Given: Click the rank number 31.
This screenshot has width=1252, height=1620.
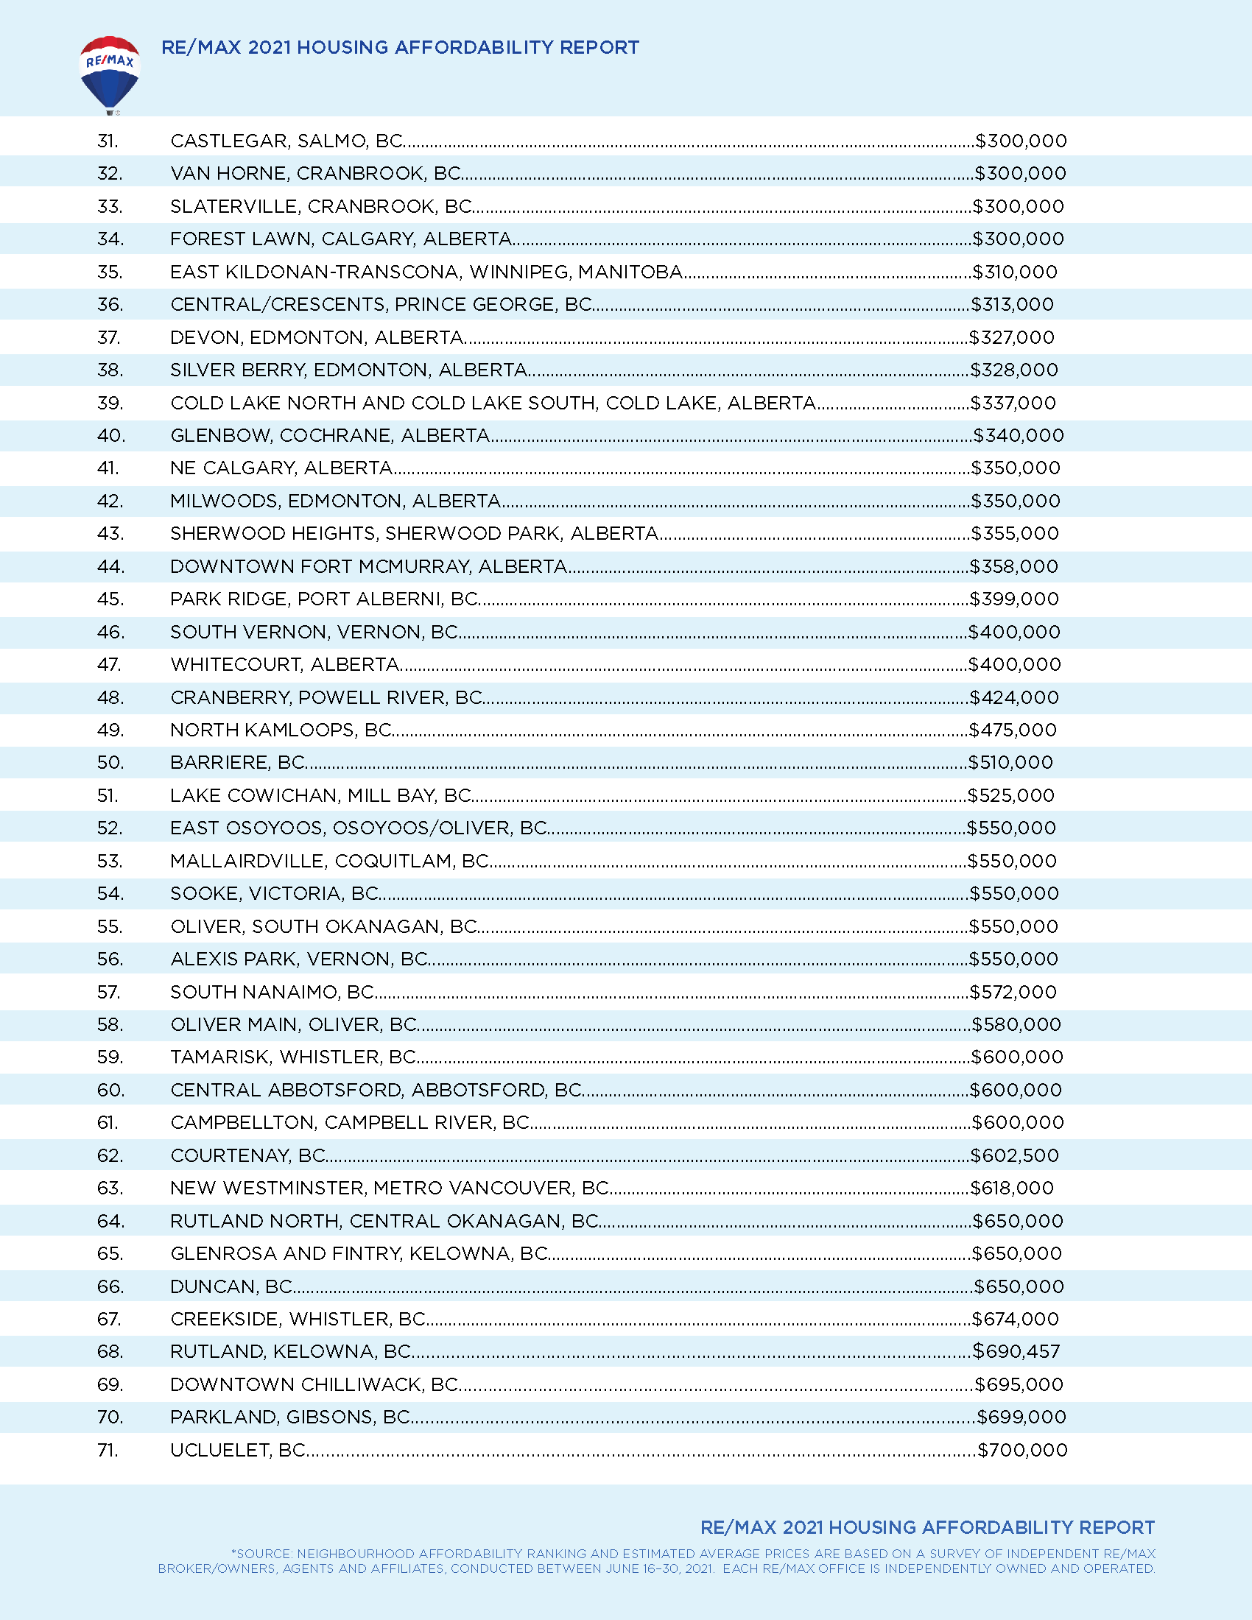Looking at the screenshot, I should [x=108, y=141].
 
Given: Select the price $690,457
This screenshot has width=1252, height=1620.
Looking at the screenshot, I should [x=1016, y=1351].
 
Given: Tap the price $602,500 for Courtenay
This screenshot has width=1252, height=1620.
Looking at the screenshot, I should [x=1015, y=1155].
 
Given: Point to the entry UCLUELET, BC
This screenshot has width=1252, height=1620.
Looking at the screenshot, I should [x=238, y=1450].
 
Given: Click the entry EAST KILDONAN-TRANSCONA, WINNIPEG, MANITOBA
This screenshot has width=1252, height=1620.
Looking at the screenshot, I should [x=426, y=272].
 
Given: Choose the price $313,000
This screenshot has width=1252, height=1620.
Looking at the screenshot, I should [x=1013, y=305].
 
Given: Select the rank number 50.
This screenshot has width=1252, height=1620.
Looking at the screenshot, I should [x=110, y=763].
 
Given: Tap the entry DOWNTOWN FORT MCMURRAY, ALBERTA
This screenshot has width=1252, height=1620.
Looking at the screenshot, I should [x=369, y=567].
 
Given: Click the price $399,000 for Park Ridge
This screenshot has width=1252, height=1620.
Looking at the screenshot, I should [x=1014, y=599].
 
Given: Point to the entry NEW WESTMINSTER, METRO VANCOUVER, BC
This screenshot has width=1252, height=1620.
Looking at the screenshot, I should [x=390, y=1188].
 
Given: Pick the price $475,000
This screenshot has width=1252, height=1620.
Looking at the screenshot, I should [x=1013, y=730].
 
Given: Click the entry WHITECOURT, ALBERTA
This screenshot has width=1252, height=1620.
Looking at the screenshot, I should [x=285, y=665].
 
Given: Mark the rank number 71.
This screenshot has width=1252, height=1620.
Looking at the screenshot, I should [x=108, y=1450].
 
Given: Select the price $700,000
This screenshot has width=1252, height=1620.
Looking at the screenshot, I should [x=1023, y=1450].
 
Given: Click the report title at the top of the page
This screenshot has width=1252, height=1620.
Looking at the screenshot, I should [x=400, y=47].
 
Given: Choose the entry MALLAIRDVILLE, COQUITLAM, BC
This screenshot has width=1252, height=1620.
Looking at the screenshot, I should [x=329, y=862].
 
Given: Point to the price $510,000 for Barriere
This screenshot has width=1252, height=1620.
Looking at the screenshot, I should [x=1011, y=763].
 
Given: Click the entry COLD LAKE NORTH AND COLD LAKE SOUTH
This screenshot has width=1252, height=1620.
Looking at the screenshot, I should [x=493, y=403].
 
